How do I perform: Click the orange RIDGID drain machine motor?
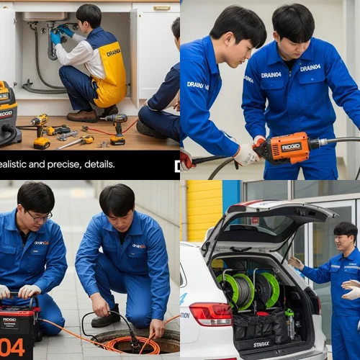point(288,148)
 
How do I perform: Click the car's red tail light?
point(210,312)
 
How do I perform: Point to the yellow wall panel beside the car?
point(204,209)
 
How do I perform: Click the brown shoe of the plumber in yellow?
point(82,115)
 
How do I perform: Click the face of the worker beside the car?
point(344,238)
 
